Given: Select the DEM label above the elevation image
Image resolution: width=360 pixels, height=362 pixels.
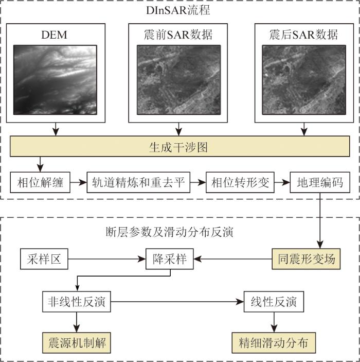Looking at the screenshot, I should pyautogui.click(x=55, y=35).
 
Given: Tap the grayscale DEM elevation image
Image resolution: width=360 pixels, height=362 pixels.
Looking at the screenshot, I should pyautogui.click(x=55, y=79).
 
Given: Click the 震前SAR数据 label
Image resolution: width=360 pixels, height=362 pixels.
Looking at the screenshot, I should pyautogui.click(x=178, y=35).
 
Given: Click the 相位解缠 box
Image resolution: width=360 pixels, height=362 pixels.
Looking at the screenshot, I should pyautogui.click(x=40, y=183).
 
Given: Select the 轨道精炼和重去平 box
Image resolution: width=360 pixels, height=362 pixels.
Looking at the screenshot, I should pyautogui.click(x=138, y=183).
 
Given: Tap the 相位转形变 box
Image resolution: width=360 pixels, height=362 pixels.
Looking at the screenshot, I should pyautogui.click(x=238, y=183).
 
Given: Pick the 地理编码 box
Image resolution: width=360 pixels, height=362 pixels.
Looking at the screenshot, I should pyautogui.click(x=320, y=183).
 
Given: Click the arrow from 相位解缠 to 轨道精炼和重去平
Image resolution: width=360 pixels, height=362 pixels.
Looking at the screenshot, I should pyautogui.click(x=78, y=183).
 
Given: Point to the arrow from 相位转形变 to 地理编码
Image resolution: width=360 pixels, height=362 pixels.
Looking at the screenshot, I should pyautogui.click(x=282, y=183).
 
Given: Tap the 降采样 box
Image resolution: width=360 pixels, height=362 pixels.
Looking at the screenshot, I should pyautogui.click(x=170, y=259).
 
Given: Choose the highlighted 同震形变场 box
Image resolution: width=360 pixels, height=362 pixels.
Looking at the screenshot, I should pyautogui.click(x=304, y=259).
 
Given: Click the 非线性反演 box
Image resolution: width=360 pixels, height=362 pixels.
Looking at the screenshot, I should pyautogui.click(x=77, y=302).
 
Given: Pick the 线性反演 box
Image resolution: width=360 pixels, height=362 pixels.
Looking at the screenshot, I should pyautogui.click(x=274, y=302).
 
